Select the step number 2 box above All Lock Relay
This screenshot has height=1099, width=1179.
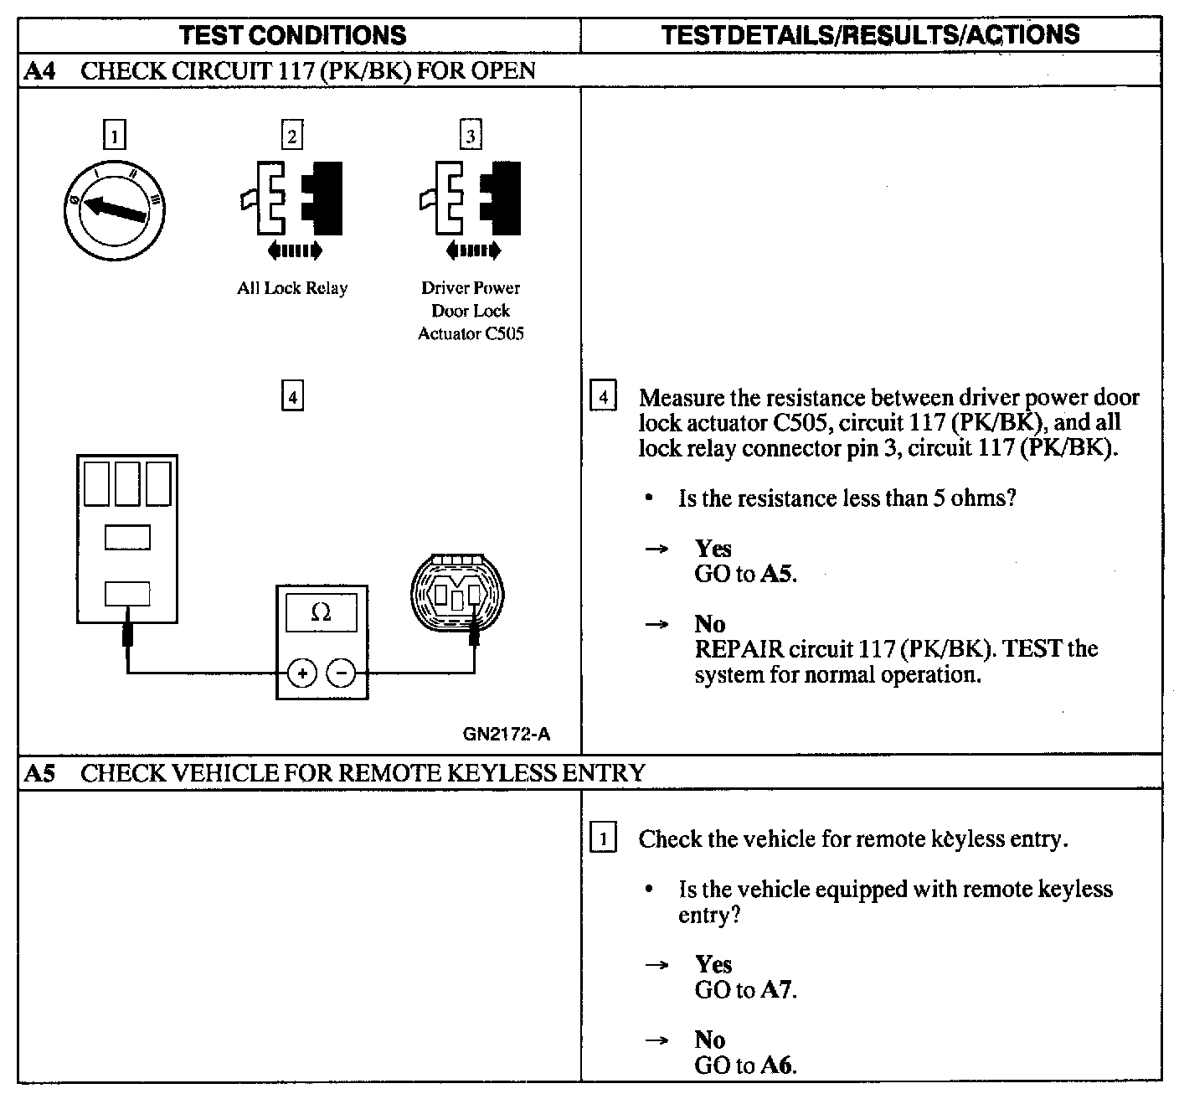[291, 136]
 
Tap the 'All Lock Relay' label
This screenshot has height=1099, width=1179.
[291, 288]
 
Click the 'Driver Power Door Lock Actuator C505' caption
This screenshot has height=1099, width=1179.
[471, 311]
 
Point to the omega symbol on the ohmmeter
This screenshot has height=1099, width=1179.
[321, 612]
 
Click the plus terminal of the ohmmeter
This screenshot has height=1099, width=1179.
[302, 673]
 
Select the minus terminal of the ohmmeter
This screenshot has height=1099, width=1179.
[341, 673]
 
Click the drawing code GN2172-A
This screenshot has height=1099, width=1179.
[507, 735]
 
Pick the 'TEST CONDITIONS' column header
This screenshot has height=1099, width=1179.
[293, 35]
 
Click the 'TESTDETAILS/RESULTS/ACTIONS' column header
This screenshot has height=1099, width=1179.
[870, 34]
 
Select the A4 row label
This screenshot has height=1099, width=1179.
[39, 70]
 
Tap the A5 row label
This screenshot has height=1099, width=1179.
[39, 772]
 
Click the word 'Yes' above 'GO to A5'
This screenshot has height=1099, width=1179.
[713, 549]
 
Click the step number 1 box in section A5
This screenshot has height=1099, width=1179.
[603, 838]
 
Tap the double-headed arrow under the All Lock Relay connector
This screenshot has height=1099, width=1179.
[293, 250]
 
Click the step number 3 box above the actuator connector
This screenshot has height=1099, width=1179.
[471, 136]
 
